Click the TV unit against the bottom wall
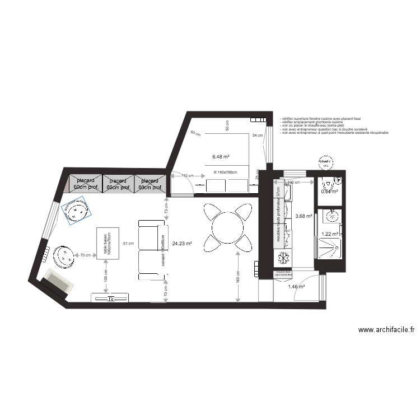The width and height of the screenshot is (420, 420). pyautogui.click(x=111, y=298)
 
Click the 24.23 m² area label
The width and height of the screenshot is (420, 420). pyautogui.click(x=183, y=244)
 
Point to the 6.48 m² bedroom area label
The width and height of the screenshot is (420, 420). pyautogui.click(x=222, y=156)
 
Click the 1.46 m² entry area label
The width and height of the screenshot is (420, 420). pyautogui.click(x=296, y=287)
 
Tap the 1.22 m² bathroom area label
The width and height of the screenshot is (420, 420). pyautogui.click(x=330, y=234)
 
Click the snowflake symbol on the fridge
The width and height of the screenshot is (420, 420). pyautogui.click(x=283, y=258)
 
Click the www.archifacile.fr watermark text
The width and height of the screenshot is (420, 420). pyautogui.click(x=386, y=331)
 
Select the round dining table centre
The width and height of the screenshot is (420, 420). pyautogui.click(x=226, y=226)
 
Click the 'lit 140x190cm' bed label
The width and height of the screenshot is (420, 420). pyautogui.click(x=225, y=172)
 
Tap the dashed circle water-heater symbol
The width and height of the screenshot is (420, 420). pyautogui.click(x=325, y=163)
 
